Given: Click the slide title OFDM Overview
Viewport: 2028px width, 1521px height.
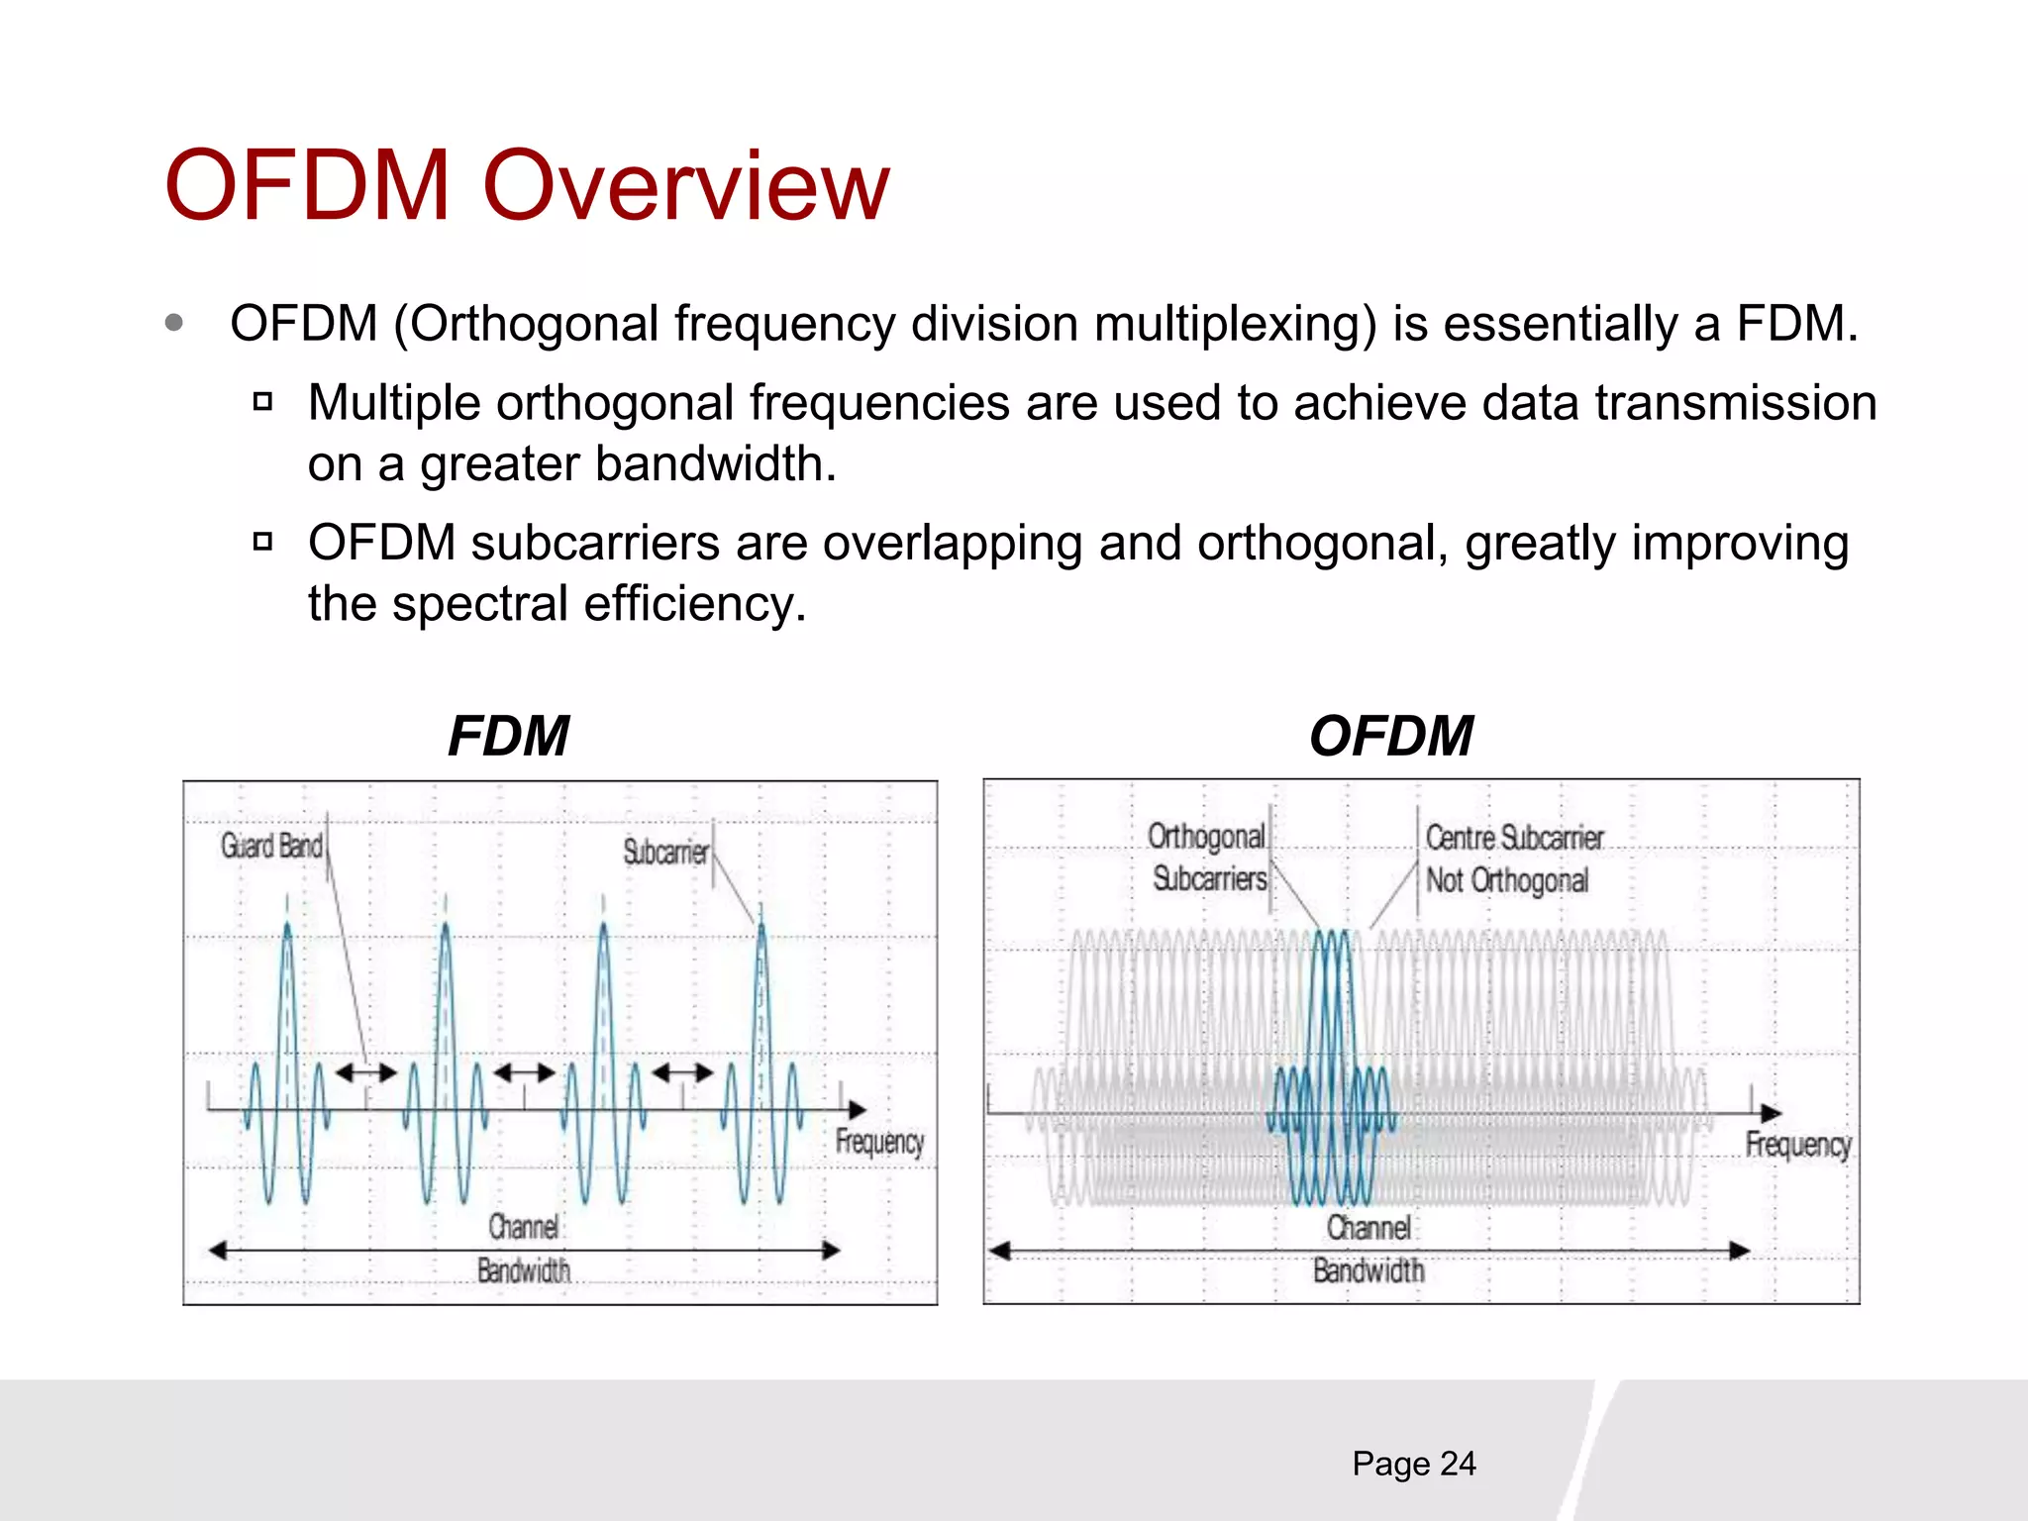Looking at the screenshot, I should [x=527, y=186].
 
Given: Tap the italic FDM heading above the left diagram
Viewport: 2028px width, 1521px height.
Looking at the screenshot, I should [x=508, y=736].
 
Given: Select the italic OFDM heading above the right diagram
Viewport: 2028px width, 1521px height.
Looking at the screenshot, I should [x=1390, y=736].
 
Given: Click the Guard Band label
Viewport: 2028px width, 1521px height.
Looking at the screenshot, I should [x=271, y=846].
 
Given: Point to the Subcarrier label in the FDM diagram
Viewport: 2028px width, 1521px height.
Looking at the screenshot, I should [x=665, y=852].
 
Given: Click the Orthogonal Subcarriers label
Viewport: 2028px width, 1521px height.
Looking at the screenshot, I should [x=1208, y=858].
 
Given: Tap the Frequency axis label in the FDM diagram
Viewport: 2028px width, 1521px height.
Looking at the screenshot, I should [x=879, y=1143].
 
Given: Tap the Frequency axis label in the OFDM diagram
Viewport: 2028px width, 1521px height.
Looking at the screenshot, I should [x=1797, y=1145].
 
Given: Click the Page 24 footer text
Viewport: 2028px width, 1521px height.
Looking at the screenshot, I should [x=1413, y=1464].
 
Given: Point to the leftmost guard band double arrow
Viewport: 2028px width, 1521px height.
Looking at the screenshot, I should [x=365, y=1071].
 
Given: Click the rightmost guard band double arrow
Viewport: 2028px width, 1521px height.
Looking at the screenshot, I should [x=682, y=1071].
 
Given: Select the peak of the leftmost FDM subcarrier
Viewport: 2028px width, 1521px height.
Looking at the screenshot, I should [x=287, y=926].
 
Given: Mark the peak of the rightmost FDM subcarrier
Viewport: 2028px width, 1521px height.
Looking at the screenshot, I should [x=761, y=926].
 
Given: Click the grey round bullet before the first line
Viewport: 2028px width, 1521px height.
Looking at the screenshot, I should [x=174, y=323].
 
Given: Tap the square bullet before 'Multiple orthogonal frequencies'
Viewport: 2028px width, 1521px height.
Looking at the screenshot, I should [x=262, y=402].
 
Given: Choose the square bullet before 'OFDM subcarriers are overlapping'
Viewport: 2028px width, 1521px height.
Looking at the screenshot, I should [x=262, y=542].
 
